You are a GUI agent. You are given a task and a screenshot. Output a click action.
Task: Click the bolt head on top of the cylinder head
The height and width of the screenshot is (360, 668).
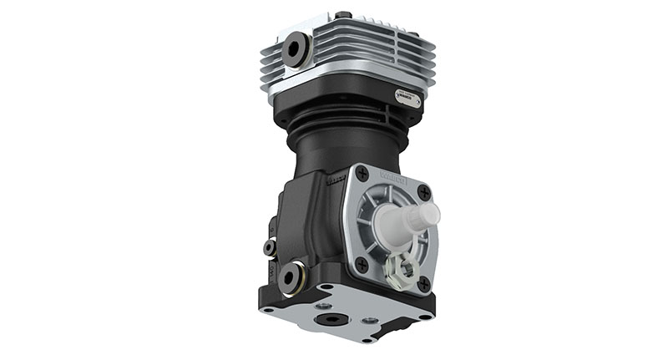343,15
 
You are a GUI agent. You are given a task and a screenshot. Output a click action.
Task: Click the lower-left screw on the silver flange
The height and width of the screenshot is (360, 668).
362,263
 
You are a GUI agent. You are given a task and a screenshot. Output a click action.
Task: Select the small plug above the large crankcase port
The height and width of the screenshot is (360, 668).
270,247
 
